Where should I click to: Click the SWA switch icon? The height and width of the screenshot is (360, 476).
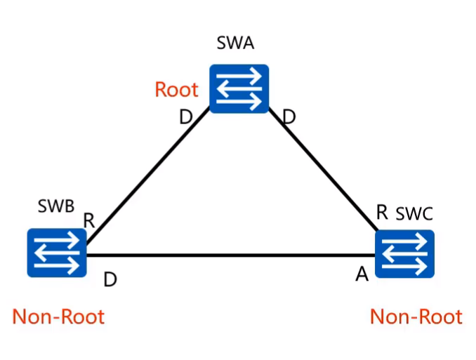pos(239,88)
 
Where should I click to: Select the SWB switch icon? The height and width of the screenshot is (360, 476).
pos(56,252)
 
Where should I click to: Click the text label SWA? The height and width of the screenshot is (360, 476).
pos(235,45)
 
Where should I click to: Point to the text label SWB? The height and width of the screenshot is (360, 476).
pos(56,208)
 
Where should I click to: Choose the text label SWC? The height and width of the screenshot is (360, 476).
pos(415,213)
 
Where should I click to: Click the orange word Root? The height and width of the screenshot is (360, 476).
pos(176,90)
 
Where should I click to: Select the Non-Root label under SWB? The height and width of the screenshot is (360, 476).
pos(58,316)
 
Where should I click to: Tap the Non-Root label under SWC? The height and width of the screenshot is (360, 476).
pos(416,316)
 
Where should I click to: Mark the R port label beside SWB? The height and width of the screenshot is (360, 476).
pos(89,220)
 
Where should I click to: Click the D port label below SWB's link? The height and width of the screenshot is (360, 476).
pos(110,279)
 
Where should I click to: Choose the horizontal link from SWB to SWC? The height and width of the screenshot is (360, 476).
pos(232,255)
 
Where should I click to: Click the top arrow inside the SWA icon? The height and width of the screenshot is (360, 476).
pos(239,79)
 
